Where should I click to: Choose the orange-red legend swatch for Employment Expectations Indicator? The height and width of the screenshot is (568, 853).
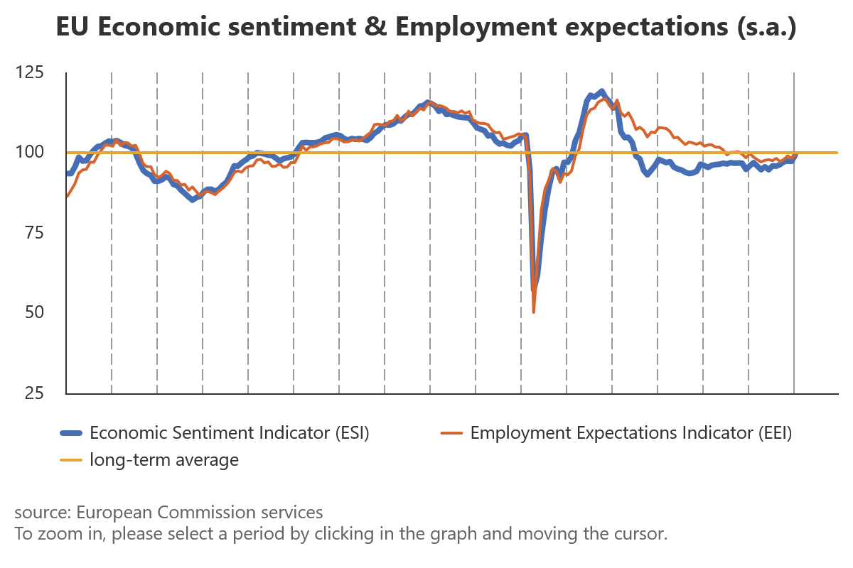click(452, 432)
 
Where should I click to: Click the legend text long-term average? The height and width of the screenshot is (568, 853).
click(164, 460)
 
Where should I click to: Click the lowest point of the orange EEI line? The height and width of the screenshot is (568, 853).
click(533, 312)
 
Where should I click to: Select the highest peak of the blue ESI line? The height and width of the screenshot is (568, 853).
click(602, 91)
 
